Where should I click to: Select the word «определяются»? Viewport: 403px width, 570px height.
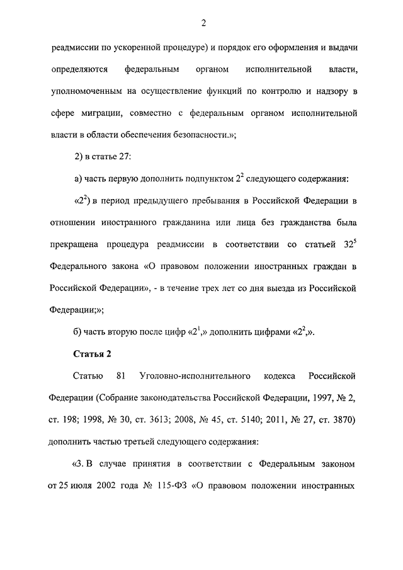click(x=79, y=69)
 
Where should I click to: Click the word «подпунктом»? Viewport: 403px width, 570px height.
click(x=207, y=179)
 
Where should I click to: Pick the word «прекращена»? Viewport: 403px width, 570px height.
click(x=73, y=245)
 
